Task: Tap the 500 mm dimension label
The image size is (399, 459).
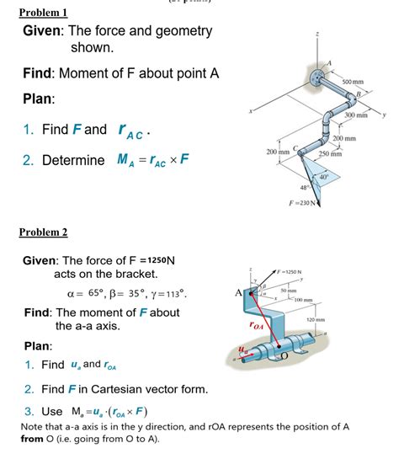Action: (365, 81)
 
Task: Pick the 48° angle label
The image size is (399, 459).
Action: (295, 186)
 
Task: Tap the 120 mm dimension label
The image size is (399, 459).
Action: (316, 320)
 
